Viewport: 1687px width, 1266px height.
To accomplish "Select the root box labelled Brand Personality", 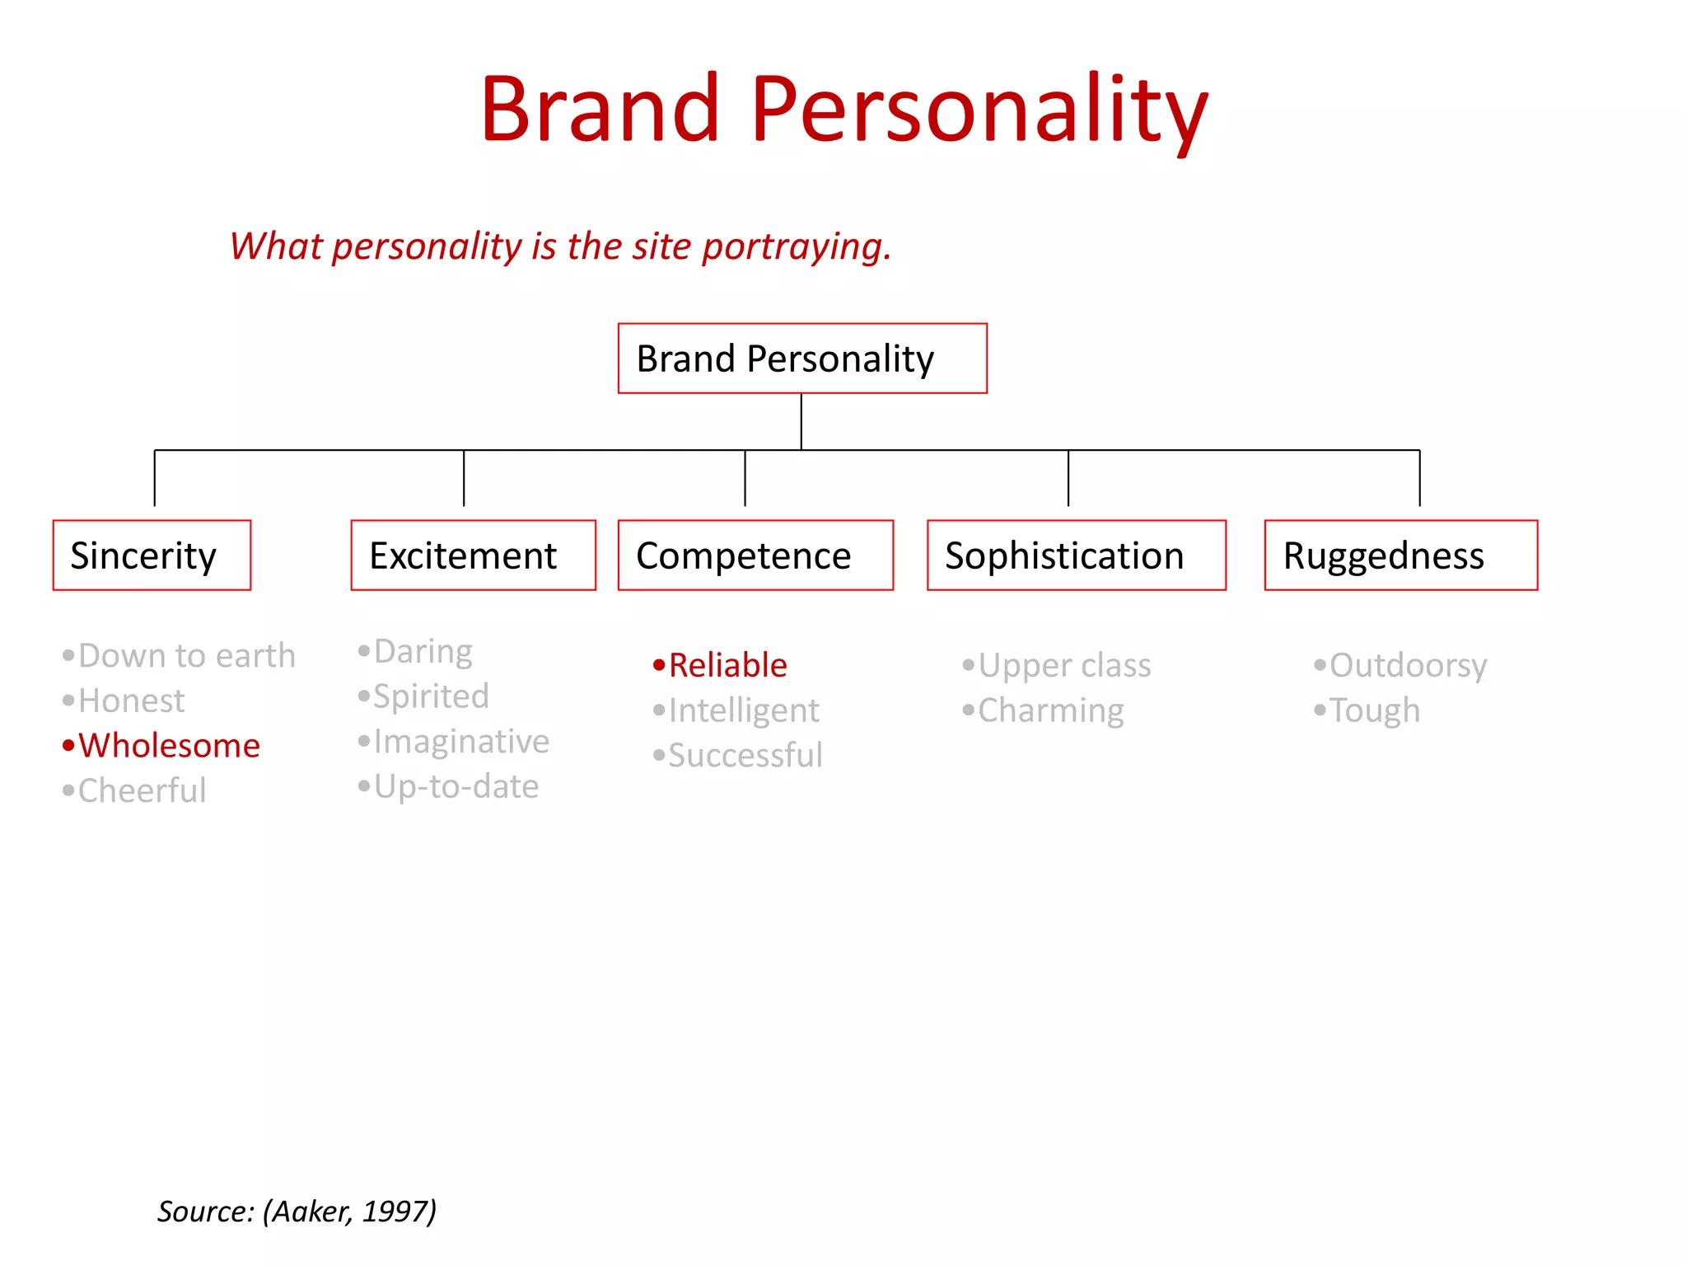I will tap(801, 359).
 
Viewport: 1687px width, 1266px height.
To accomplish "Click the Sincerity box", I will tap(152, 556).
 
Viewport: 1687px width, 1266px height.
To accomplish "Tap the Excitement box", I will tap(473, 556).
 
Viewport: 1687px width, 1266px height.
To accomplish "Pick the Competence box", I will tap(755, 556).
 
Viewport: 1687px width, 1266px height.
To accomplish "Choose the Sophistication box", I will tap(1076, 556).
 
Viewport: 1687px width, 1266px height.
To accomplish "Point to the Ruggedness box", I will tap(1400, 556).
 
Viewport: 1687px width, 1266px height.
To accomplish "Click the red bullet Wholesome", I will tap(169, 746).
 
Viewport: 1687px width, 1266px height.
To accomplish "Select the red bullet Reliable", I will tap(727, 665).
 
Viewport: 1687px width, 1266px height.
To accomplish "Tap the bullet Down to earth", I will tap(186, 656).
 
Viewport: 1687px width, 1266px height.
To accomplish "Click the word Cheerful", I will tap(142, 791).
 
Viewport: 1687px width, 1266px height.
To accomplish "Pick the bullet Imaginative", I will tap(461, 742).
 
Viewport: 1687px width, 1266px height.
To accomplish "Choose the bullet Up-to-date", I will tap(456, 787).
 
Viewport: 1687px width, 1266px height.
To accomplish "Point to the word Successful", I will tap(745, 756).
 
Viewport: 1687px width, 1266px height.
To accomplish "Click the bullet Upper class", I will tap(1064, 666).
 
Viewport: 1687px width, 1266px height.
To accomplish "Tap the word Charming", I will tap(1050, 710).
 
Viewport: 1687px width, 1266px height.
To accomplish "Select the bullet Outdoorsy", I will tap(1408, 666).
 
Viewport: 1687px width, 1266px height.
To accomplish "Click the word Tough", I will tap(1375, 710).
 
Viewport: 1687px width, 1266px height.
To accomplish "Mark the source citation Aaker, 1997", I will tap(297, 1212).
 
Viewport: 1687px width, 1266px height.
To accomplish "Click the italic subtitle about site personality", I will tap(560, 246).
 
